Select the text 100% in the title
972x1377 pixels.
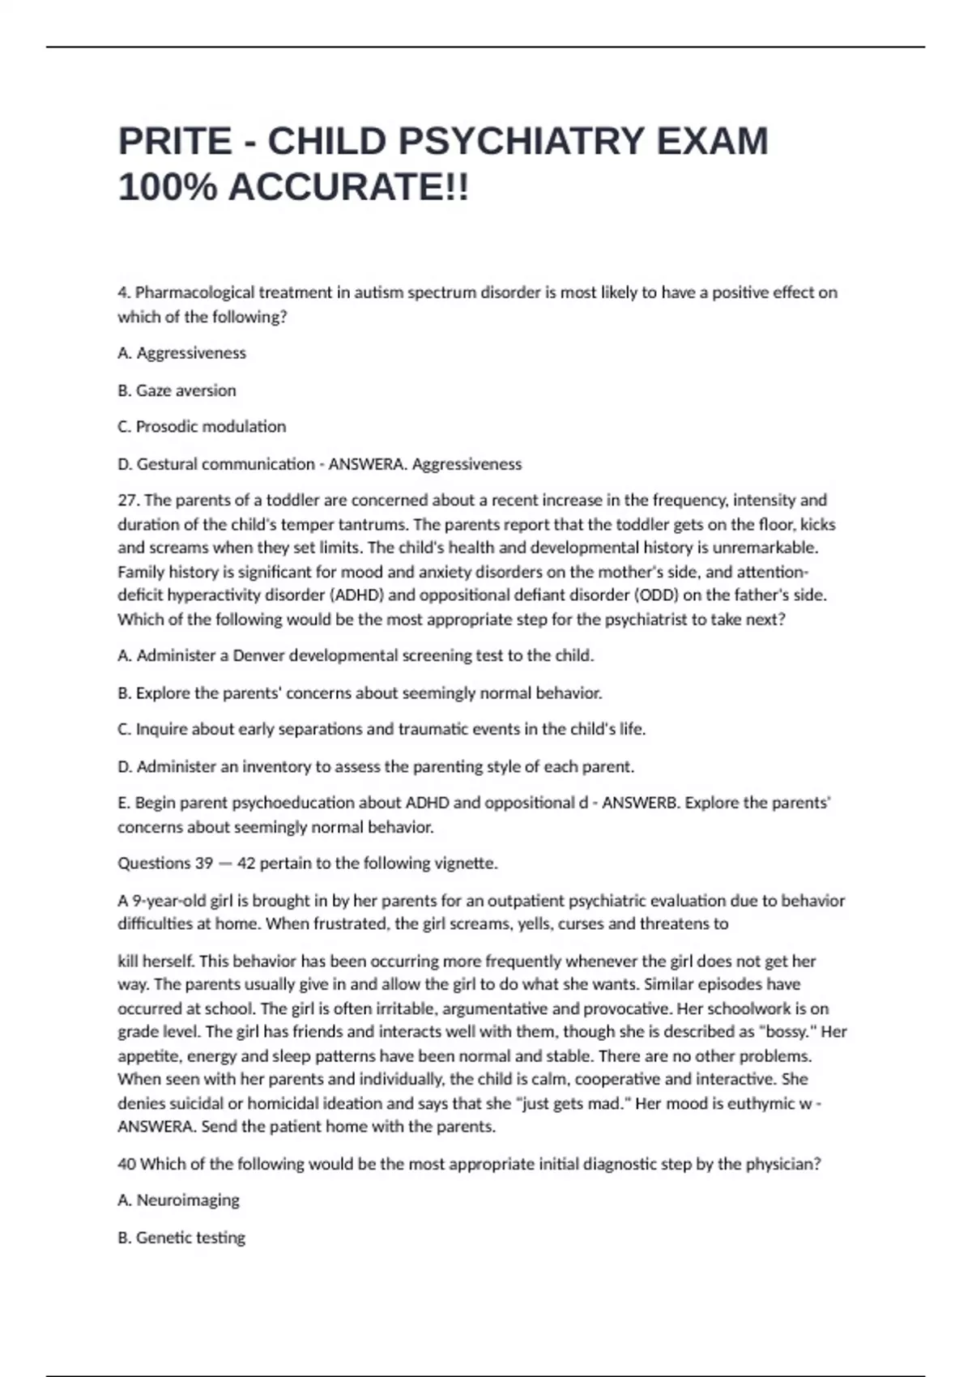167,188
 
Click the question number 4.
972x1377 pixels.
122,292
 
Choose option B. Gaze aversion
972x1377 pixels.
177,390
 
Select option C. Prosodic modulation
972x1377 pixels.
202,427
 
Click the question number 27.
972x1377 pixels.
128,501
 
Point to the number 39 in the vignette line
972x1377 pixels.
204,863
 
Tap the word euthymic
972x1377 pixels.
761,1103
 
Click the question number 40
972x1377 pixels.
126,1164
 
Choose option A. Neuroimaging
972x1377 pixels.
178,1200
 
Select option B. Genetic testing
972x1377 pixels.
181,1238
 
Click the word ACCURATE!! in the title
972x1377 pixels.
348,188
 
